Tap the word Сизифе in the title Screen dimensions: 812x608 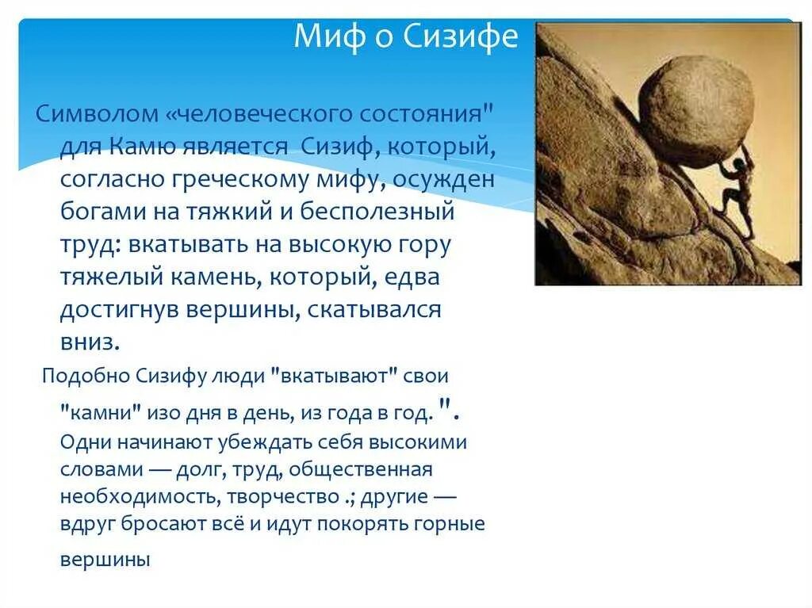tap(461, 36)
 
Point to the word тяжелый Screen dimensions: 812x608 tap(112, 277)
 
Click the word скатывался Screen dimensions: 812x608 tap(374, 310)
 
